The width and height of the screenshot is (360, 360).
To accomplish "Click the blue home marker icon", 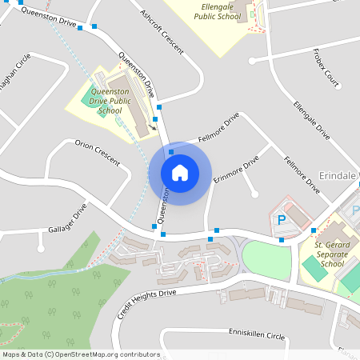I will coord(180,172).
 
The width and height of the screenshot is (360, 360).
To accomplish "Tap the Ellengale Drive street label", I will coord(311,121).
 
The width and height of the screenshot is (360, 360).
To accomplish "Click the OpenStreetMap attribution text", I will coord(80,354).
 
